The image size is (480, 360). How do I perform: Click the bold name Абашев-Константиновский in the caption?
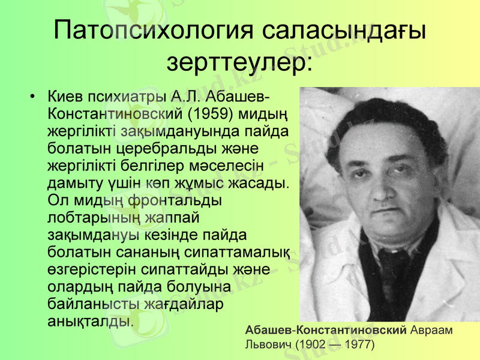tap(326, 331)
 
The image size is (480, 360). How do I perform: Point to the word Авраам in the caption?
tap(432, 331)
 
